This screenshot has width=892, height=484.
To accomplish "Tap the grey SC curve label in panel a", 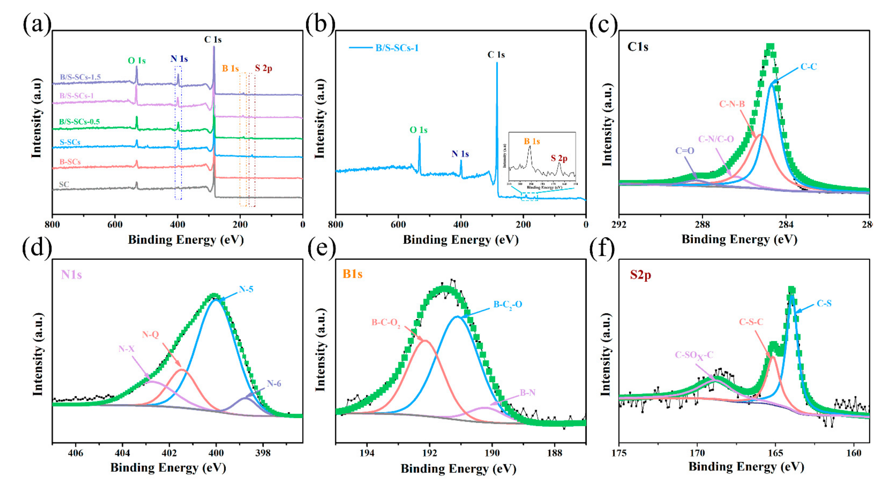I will tap(64, 184).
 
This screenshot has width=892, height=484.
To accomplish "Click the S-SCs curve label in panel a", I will tap(70, 142).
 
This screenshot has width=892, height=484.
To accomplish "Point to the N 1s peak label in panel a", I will tap(179, 59).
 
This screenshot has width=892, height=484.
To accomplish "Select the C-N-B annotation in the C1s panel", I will tap(732, 104).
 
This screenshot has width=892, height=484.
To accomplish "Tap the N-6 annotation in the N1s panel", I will tap(274, 383).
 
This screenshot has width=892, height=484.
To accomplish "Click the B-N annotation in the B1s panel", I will tap(527, 393).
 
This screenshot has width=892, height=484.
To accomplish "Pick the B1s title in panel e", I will tap(353, 274).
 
